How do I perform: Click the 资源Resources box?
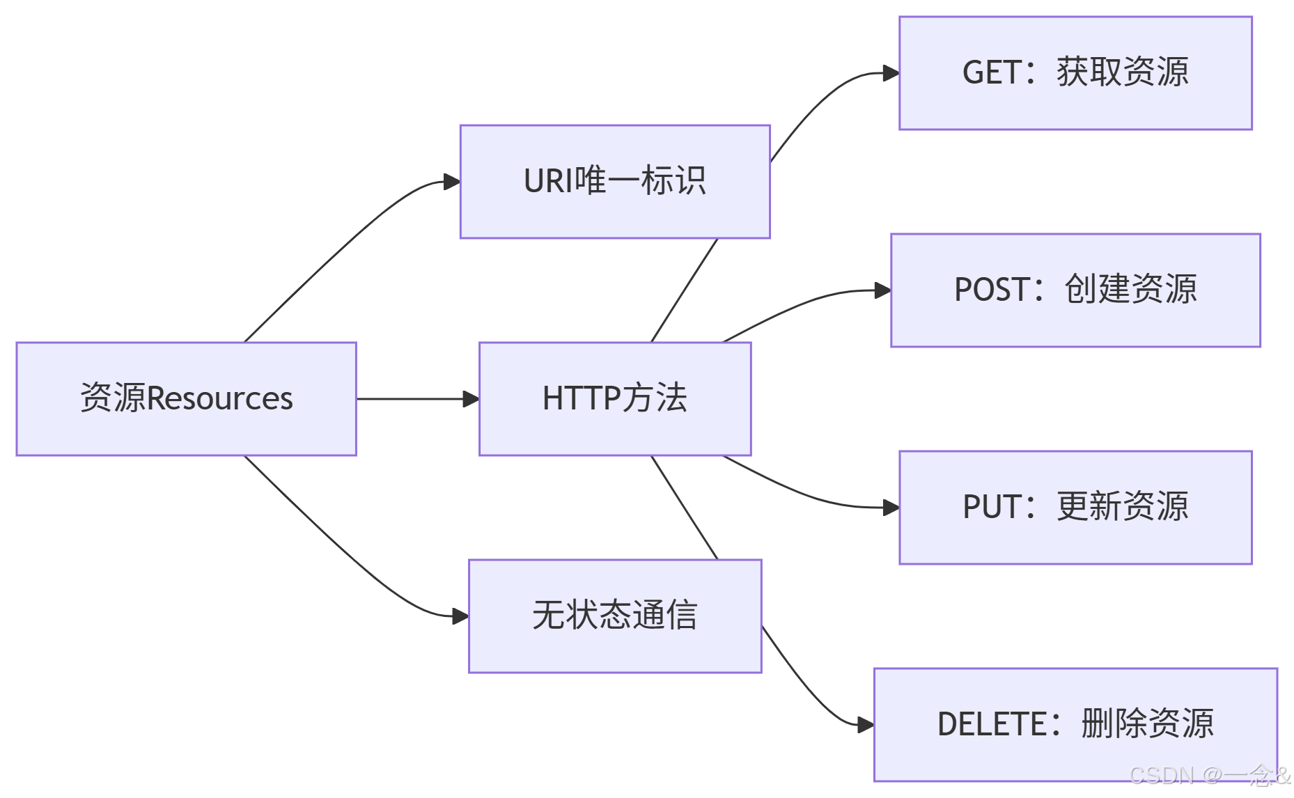[186, 398]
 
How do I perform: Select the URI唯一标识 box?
[614, 182]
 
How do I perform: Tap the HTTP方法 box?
[614, 398]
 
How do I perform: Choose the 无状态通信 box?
[614, 616]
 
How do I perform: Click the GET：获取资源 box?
[1075, 73]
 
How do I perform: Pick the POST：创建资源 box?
[1075, 290]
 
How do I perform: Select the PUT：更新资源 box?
[1075, 507]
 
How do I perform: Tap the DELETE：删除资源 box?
[1075, 724]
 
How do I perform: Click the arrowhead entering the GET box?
[891, 73]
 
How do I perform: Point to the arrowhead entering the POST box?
[882, 290]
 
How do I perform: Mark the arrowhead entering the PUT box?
[891, 508]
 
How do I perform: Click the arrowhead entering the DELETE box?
[866, 725]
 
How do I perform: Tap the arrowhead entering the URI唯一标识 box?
[452, 182]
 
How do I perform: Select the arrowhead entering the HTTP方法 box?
[471, 399]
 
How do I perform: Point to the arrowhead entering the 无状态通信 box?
[460, 616]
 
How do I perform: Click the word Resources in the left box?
[220, 399]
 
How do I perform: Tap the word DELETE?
[992, 724]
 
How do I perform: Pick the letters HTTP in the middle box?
[581, 398]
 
